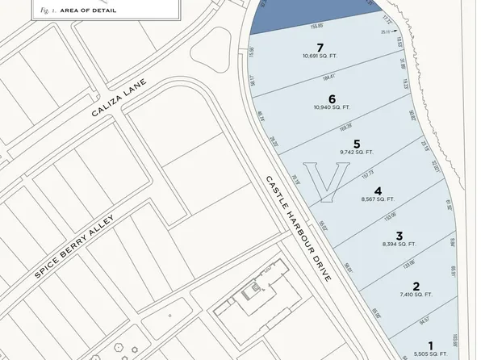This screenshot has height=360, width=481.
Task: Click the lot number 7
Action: [320, 48]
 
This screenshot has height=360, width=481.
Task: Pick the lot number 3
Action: [399, 235]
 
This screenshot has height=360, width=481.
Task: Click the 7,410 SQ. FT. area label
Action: [416, 295]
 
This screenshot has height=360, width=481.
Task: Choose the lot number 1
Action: [430, 345]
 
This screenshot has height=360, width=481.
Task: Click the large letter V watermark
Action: [331, 182]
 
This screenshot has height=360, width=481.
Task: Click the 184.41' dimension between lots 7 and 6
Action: [328, 77]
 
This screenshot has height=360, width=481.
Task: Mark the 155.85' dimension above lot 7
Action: [295, 27]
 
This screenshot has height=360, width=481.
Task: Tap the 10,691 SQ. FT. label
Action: [320, 57]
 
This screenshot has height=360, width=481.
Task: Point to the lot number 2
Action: [416, 286]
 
